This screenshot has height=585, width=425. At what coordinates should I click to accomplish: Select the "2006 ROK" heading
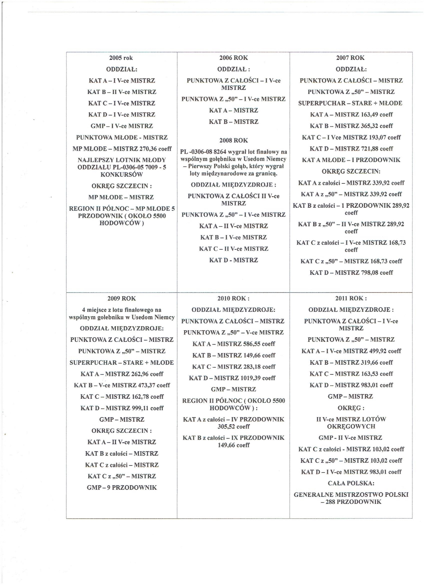coord(234,58)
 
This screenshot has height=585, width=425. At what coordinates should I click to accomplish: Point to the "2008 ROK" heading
coord(234,141)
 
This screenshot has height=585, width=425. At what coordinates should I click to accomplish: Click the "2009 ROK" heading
coord(121,298)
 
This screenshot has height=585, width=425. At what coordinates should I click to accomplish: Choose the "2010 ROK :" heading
coord(234,298)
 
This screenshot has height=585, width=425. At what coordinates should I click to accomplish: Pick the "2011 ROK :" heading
coord(351,298)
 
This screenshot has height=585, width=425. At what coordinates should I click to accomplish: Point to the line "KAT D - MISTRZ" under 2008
coord(234,260)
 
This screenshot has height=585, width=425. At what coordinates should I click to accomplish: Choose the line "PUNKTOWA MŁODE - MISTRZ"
coord(122,137)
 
